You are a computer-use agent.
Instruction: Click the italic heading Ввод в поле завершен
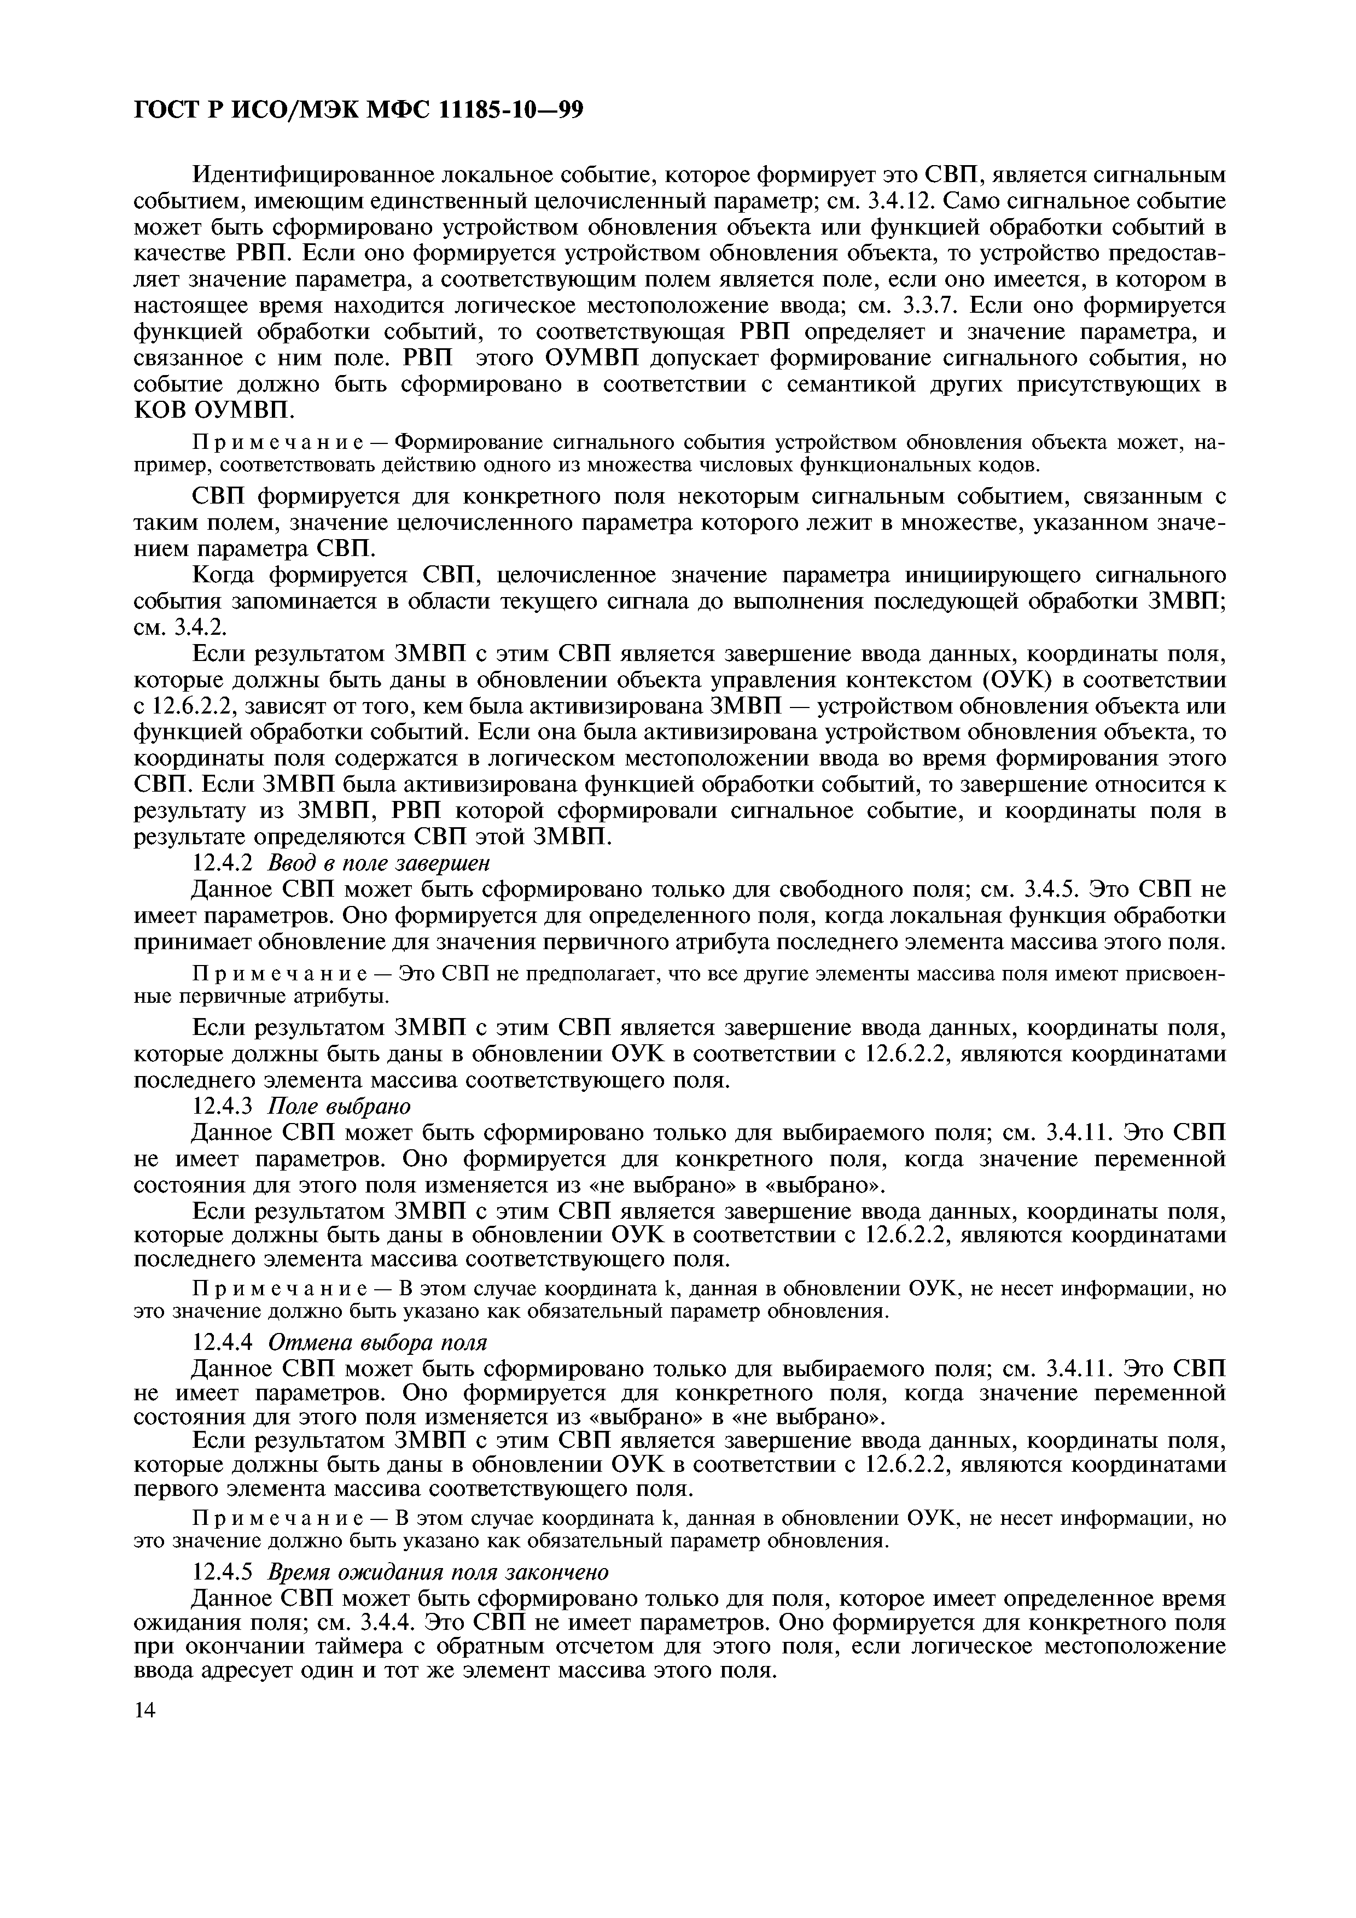tap(379, 863)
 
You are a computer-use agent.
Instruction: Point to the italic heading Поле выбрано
tap(339, 1107)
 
